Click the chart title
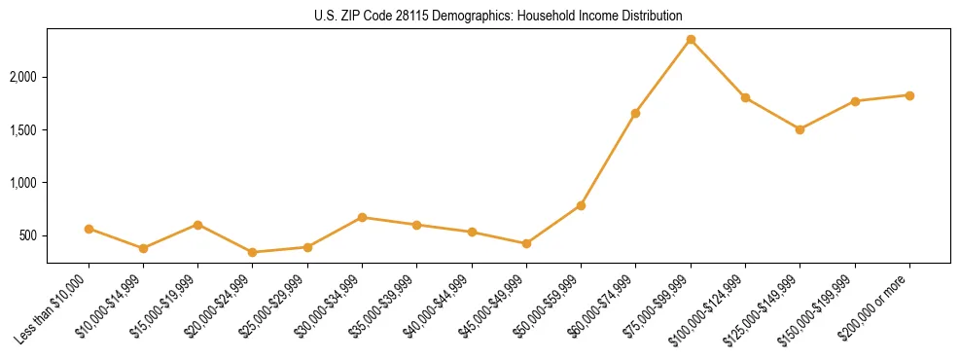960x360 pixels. pos(497,17)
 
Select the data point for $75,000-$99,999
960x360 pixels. pos(691,40)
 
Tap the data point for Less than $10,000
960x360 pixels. pos(89,229)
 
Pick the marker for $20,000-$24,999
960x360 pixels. pos(253,252)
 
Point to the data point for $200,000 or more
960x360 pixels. pos(909,95)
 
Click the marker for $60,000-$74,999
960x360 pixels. pos(635,113)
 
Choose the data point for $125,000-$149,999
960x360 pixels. pos(800,129)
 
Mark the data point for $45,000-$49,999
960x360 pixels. pos(526,243)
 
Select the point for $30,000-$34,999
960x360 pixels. pos(362,217)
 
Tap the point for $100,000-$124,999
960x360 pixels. pos(745,97)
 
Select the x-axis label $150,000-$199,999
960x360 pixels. pos(822,307)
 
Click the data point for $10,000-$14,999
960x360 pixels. pos(144,248)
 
